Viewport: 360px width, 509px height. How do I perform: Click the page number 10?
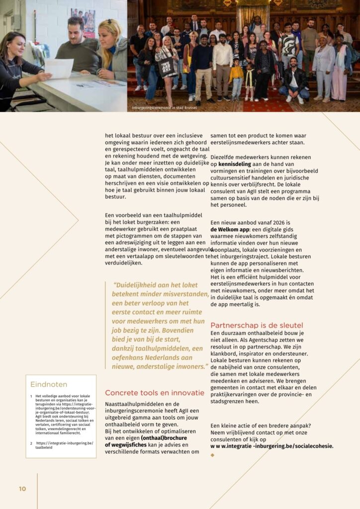pos(22,489)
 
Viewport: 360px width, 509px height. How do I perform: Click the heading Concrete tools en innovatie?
pos(155,393)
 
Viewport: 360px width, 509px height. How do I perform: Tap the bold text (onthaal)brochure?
pos(164,438)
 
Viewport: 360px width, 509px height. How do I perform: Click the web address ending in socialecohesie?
pos(272,446)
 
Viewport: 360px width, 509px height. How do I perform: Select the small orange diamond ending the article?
pos(213,455)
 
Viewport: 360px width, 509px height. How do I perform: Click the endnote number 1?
pos(31,396)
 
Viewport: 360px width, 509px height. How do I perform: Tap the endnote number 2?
pos(31,443)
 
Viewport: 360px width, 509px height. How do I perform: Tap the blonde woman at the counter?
pos(111,50)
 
